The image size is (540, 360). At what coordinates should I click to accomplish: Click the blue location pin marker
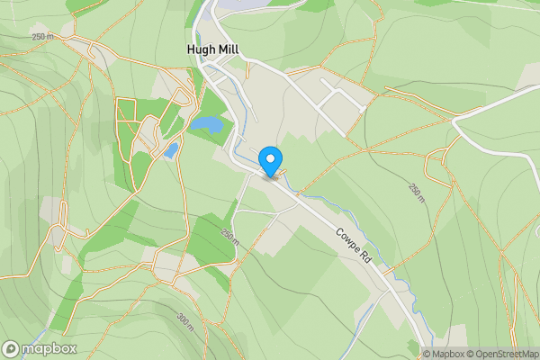270,161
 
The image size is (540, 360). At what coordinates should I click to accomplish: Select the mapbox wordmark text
49,348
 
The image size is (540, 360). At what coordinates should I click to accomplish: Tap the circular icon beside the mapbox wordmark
12,348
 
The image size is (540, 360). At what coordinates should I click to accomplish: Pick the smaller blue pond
170,150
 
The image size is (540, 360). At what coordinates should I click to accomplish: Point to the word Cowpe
347,238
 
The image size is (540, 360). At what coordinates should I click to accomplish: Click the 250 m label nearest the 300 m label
229,238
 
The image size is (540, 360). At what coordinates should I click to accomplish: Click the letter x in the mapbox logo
71,348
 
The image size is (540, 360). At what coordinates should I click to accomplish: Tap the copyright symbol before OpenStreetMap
469,354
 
